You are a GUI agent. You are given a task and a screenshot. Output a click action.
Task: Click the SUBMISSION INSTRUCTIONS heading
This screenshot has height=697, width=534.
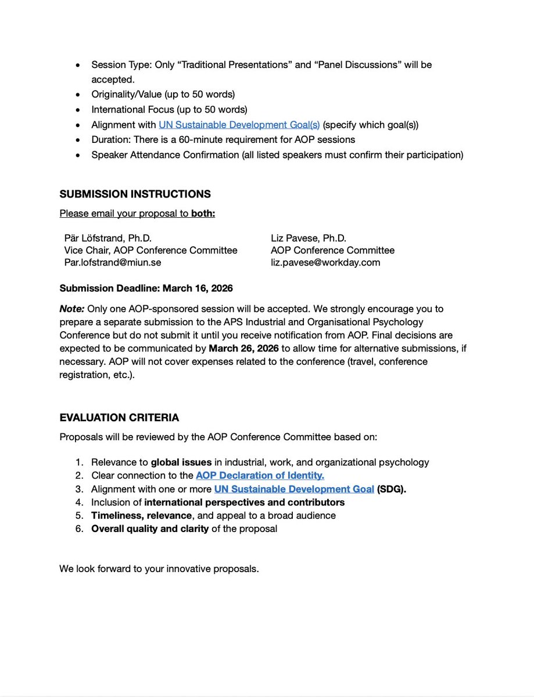(135, 194)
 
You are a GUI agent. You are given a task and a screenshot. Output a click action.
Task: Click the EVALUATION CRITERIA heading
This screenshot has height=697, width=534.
(119, 418)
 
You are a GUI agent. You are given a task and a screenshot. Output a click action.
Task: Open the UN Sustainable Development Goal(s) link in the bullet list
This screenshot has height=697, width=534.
(239, 124)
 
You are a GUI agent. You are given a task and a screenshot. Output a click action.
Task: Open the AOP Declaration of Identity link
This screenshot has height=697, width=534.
(260, 475)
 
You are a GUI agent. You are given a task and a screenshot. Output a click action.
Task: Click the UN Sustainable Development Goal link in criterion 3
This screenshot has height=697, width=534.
(293, 488)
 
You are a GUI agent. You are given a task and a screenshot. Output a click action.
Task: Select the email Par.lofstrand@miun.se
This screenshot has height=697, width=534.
(113, 263)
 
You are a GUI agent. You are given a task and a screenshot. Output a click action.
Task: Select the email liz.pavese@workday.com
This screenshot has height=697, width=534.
(325, 263)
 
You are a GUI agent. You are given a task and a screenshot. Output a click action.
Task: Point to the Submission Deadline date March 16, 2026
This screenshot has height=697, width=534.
(198, 288)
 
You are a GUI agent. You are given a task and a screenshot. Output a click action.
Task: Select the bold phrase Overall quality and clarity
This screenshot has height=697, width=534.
(149, 529)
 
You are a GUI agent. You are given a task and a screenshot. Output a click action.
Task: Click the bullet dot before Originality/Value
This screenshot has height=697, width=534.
(78, 94)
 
